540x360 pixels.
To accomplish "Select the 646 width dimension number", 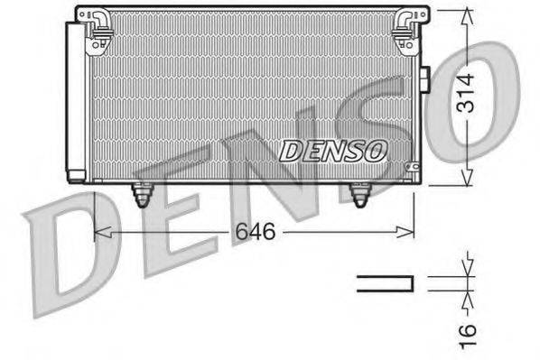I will point(256,232).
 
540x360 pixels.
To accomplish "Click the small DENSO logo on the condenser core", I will point(333,150).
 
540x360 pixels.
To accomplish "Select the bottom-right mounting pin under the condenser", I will point(361,194).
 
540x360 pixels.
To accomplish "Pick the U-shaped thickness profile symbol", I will point(386,283).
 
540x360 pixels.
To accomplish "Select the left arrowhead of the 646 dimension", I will point(100,234).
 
